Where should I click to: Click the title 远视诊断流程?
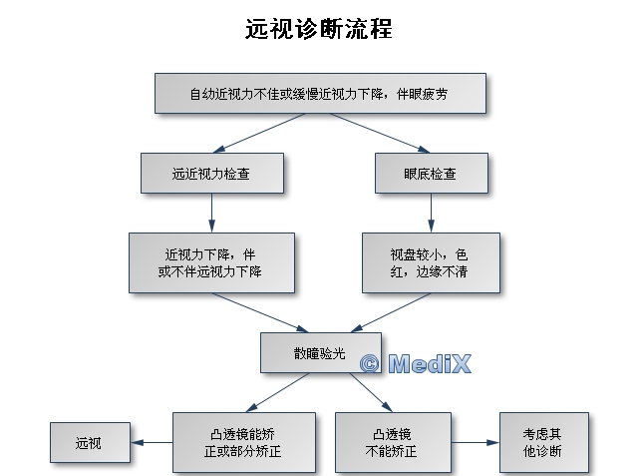pos(319,29)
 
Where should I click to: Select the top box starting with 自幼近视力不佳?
pos(320,94)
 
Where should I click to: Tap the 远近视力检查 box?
pos(212,174)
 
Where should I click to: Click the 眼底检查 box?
pos(432,174)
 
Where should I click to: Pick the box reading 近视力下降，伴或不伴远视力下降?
pos(211,262)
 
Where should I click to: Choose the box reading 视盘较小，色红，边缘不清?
pos(431,262)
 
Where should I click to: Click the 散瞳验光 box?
pos(321,352)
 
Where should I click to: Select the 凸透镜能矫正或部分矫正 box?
pos(244,442)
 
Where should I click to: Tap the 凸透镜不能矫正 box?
pos(393,442)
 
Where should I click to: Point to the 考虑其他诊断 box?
pos(544,442)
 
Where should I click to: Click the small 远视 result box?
pos(90,442)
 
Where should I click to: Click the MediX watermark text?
pos(430,363)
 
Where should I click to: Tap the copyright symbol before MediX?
pos(370,363)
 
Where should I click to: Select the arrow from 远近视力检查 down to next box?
pos(211,213)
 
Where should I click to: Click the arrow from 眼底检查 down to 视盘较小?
pos(431,213)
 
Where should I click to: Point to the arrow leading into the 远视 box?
pos(152,442)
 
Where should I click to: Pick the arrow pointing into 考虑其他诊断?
pos(476,442)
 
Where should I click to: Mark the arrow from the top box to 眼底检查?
pos(380,133)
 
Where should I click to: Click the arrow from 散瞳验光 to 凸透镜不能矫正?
pos(371,392)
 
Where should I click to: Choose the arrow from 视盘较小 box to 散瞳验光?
pos(391,312)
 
